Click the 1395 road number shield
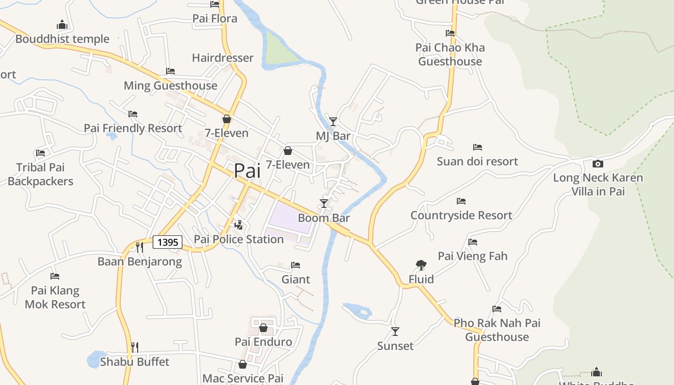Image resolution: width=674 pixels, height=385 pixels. pyautogui.click(x=168, y=242)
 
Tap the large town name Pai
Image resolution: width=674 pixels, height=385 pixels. pyautogui.click(x=247, y=171)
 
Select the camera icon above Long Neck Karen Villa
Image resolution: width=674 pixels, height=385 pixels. pyautogui.click(x=597, y=164)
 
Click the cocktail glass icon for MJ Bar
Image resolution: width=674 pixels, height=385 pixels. pyautogui.click(x=333, y=121)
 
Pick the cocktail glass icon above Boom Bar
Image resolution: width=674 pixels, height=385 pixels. pyautogui.click(x=324, y=204)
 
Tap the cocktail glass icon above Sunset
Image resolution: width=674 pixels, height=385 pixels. pyautogui.click(x=395, y=331)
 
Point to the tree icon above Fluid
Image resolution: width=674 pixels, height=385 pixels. pyautogui.click(x=421, y=265)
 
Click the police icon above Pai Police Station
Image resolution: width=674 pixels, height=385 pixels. pyautogui.click(x=238, y=225)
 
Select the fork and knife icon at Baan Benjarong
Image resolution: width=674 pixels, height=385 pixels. pyautogui.click(x=139, y=247)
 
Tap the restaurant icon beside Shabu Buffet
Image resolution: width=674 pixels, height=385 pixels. pyautogui.click(x=135, y=347)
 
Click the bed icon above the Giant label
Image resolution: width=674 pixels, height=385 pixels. pyautogui.click(x=296, y=265)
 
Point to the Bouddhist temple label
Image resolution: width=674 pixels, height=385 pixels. pyautogui.click(x=63, y=39)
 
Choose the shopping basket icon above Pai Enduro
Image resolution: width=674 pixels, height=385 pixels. pyautogui.click(x=263, y=328)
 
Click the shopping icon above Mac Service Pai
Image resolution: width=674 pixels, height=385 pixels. pyautogui.click(x=243, y=364)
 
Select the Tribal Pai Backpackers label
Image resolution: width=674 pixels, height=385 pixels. pyautogui.click(x=40, y=174)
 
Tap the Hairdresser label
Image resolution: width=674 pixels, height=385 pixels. pyautogui.click(x=222, y=58)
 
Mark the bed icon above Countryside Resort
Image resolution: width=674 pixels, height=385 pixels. pyautogui.click(x=461, y=201)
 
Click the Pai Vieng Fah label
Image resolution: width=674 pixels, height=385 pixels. pyautogui.click(x=472, y=256)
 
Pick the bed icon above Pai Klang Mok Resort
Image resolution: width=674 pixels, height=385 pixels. pyautogui.click(x=55, y=276)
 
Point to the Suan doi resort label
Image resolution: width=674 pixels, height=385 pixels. pyautogui.click(x=477, y=161)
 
